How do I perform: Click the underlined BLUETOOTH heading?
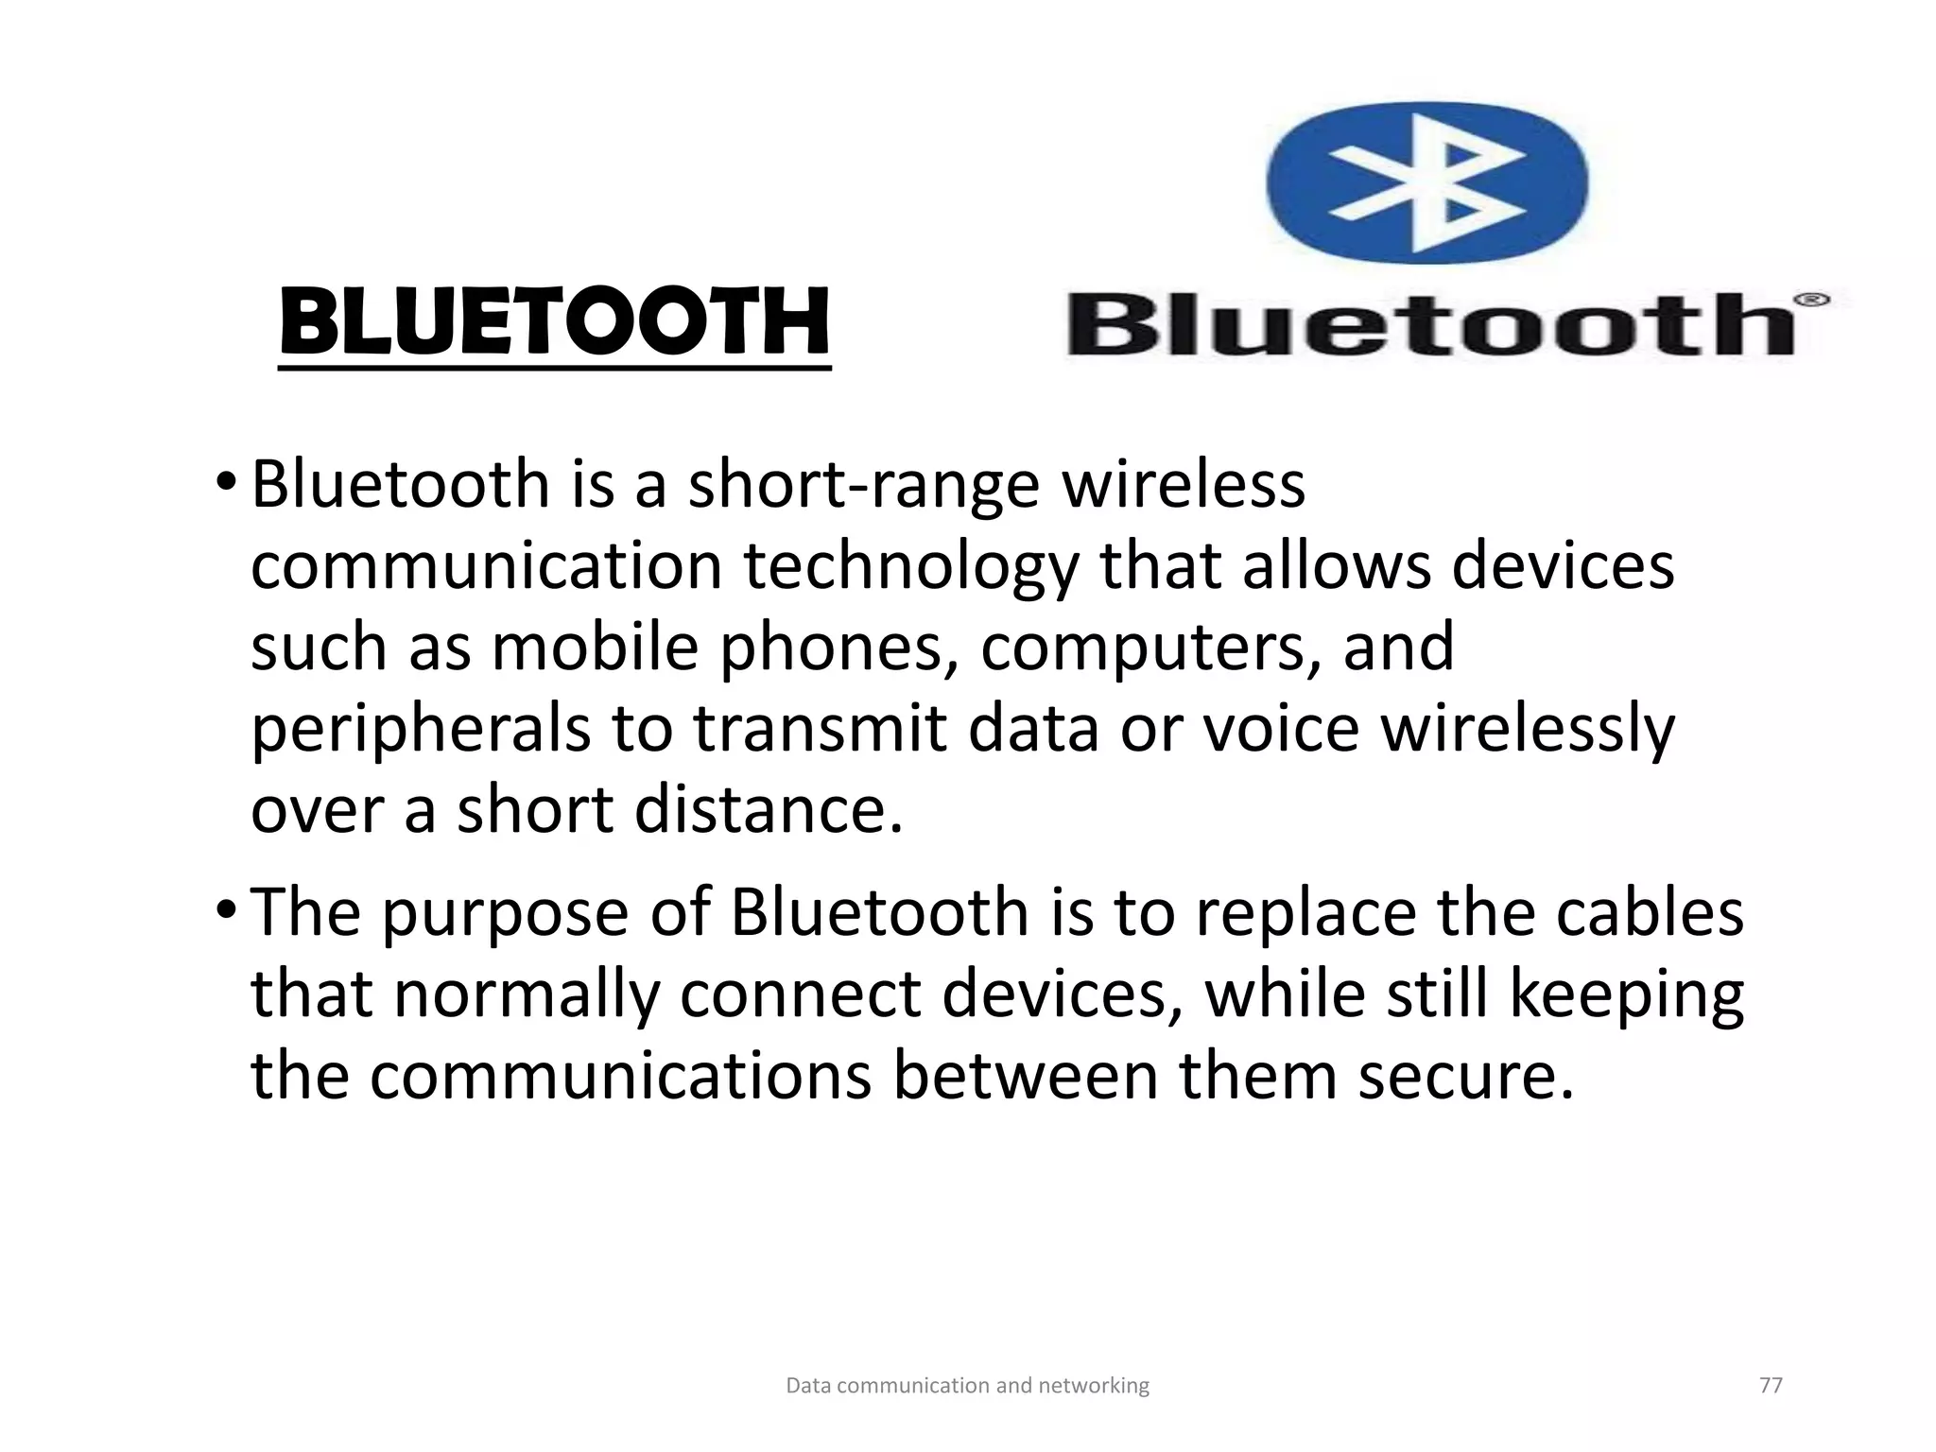[555, 323]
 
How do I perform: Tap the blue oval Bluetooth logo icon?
[1427, 181]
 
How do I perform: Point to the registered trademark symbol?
[1811, 301]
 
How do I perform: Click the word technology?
[910, 567]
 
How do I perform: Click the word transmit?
[821, 729]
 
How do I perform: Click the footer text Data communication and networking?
[967, 1386]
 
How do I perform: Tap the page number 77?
[1771, 1386]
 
